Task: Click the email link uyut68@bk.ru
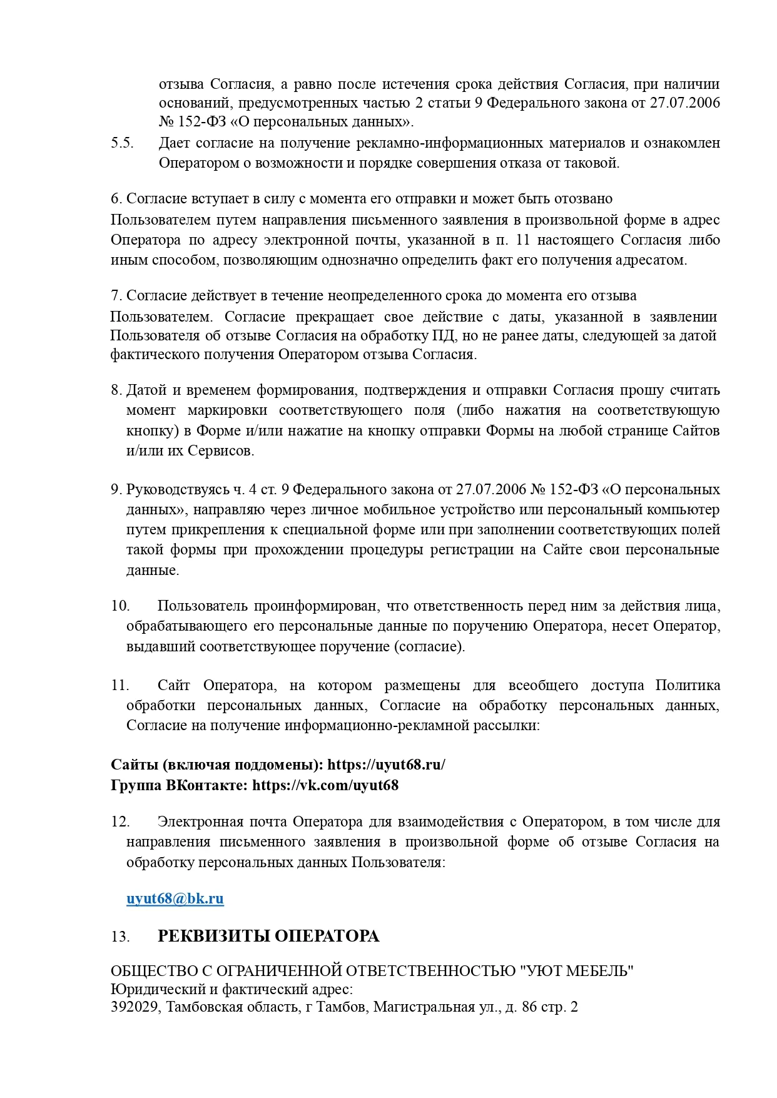175,899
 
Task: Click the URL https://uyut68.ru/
386,765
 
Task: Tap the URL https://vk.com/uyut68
325,785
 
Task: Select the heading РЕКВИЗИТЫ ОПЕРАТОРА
268,937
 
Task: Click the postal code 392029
134,1008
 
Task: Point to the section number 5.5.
123,143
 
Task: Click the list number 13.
120,937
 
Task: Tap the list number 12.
120,821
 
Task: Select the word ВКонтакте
207,785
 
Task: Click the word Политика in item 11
688,686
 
